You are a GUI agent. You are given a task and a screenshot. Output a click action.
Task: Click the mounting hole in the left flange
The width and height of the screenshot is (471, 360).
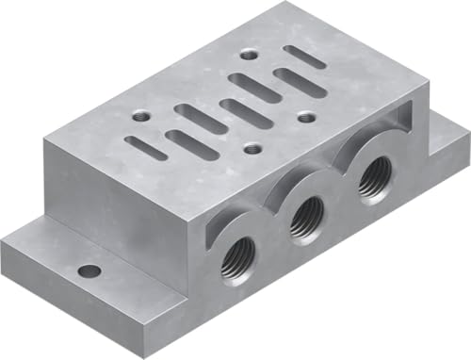(89, 272)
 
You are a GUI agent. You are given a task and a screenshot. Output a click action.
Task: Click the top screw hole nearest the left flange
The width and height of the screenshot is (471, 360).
(140, 117)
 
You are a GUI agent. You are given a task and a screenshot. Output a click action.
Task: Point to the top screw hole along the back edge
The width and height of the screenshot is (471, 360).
(248, 55)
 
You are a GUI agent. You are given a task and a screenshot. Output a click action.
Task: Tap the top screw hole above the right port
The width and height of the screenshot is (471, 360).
(307, 118)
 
